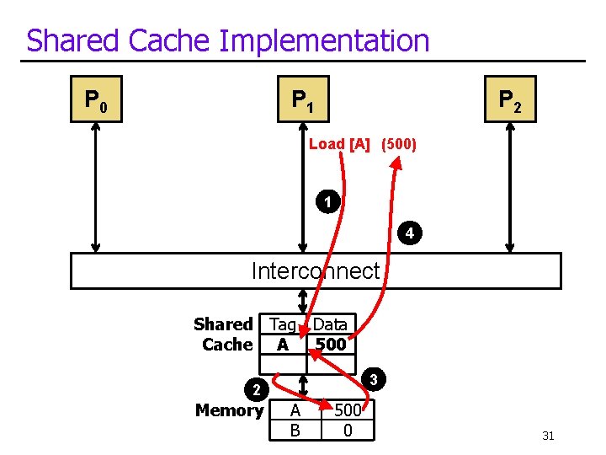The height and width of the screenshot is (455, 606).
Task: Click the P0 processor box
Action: tap(95, 100)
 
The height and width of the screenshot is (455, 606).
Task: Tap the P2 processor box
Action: tap(510, 100)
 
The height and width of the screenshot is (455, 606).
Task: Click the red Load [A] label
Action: tap(341, 144)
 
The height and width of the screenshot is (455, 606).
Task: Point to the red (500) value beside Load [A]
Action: tap(399, 144)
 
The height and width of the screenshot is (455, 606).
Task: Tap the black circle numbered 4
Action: tap(407, 233)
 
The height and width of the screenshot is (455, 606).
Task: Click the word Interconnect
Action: tap(316, 270)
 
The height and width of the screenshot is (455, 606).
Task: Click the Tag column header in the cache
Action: tap(282, 324)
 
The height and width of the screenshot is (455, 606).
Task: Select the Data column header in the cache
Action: tap(330, 324)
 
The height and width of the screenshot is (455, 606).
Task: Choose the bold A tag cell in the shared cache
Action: tap(283, 345)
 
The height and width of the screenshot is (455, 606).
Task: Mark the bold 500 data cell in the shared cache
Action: tap(330, 345)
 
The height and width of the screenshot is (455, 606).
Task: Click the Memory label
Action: tap(229, 410)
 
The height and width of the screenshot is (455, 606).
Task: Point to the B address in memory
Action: tap(295, 430)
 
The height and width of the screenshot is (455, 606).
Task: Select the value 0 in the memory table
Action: tap(347, 430)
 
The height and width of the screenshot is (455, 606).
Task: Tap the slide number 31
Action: tap(548, 436)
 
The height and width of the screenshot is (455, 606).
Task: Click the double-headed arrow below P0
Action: tap(95, 187)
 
